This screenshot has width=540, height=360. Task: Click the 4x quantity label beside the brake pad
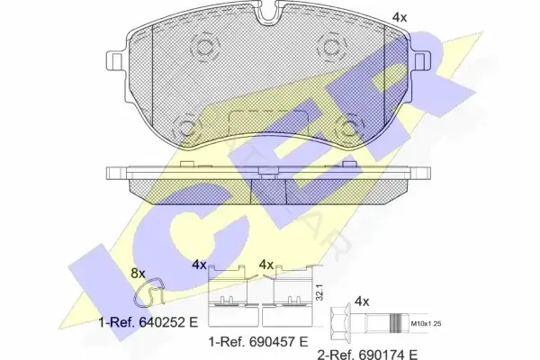[400, 17]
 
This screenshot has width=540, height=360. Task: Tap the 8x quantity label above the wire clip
[138, 274]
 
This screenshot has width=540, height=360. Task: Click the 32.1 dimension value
[319, 292]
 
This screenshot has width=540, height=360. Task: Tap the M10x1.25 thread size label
[427, 323]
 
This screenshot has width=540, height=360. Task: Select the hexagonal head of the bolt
[340, 323]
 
